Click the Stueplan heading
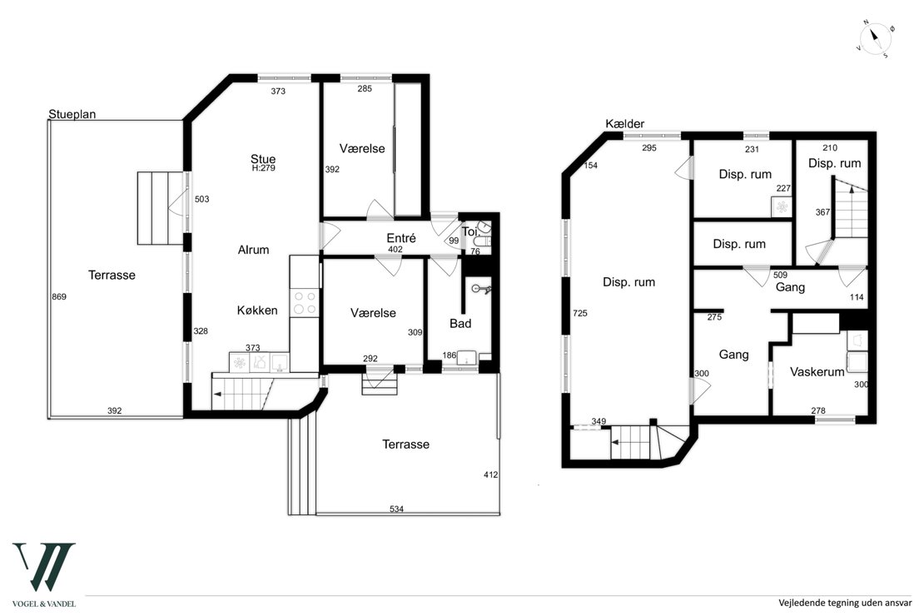(x=73, y=114)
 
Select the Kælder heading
(x=625, y=124)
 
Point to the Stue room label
(x=263, y=158)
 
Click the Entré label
(x=401, y=238)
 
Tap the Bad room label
(x=460, y=322)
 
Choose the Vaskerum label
(x=817, y=372)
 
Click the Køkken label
(x=257, y=310)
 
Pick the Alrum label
(x=253, y=249)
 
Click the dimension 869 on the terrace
(x=58, y=297)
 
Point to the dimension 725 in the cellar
(x=581, y=313)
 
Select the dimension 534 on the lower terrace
(x=395, y=509)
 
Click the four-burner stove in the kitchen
(x=305, y=303)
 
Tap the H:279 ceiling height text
(x=263, y=169)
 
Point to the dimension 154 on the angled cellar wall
(x=592, y=166)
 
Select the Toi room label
(x=469, y=231)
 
